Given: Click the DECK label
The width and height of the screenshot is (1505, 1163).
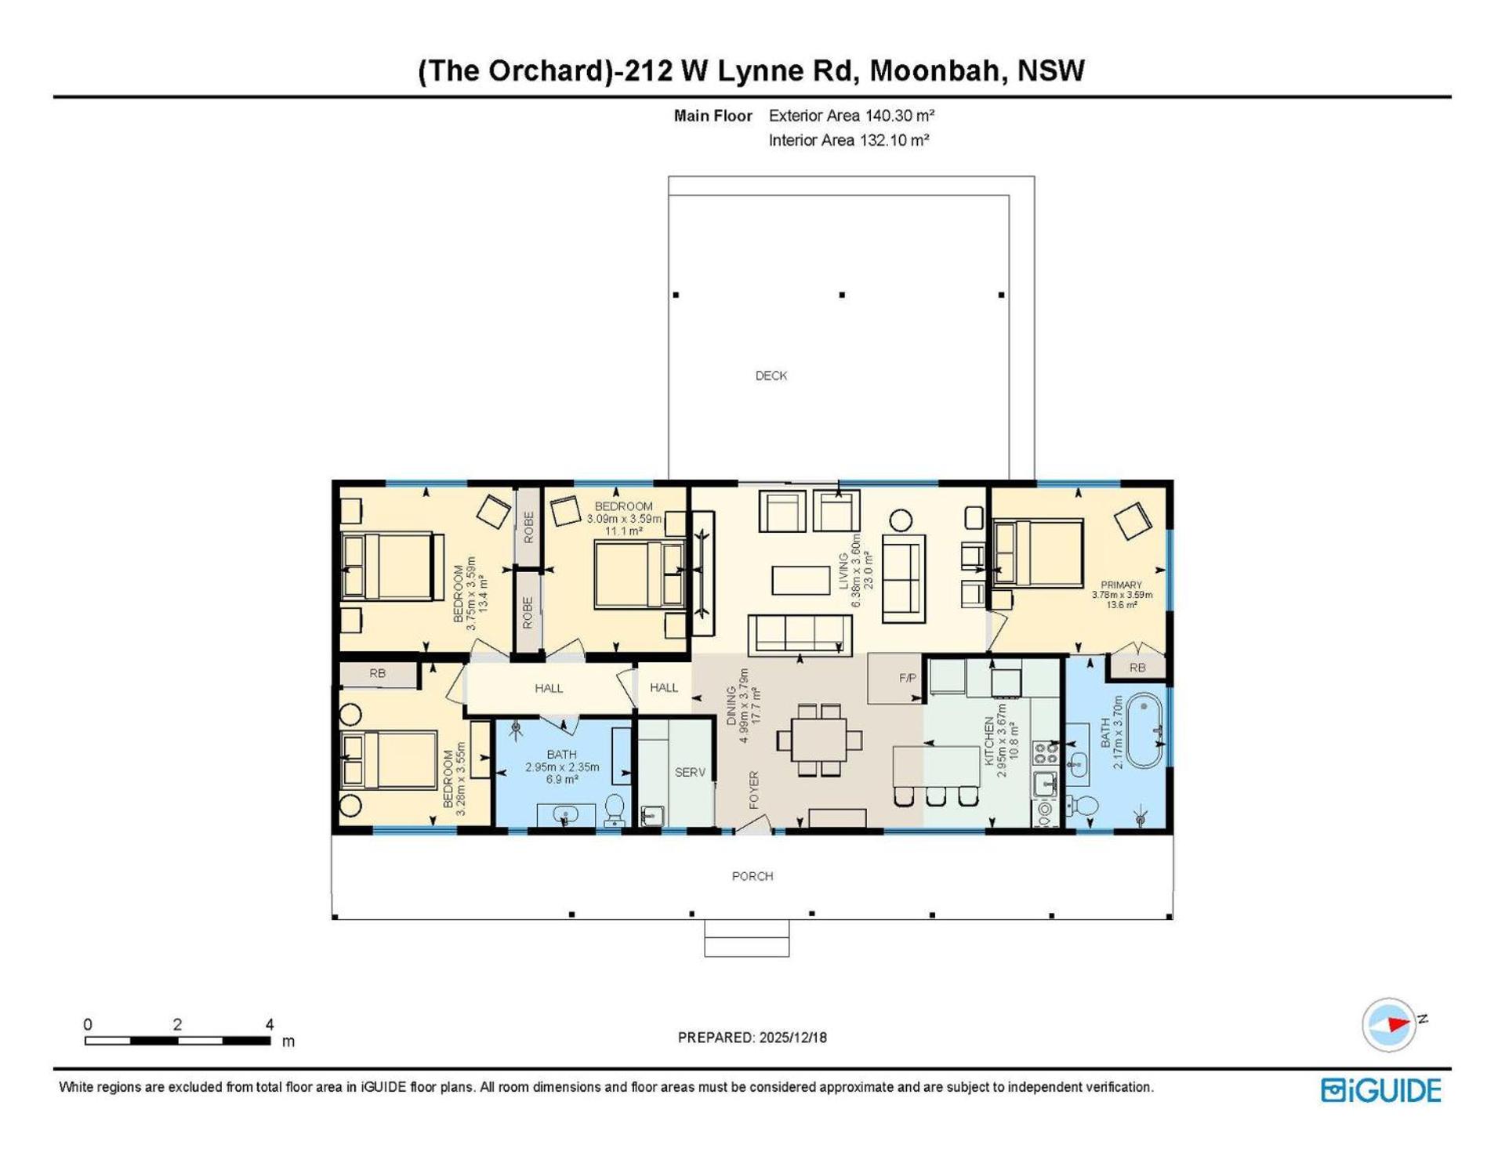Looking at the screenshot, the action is point(771,376).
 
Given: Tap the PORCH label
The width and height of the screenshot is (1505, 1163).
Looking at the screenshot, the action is point(752,876).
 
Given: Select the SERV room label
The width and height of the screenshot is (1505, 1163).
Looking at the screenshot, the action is point(690,773).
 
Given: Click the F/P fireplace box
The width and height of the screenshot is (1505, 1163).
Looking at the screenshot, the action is point(895,678).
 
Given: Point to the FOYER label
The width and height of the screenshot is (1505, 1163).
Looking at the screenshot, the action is point(754,790).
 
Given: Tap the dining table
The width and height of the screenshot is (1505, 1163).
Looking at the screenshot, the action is point(819,739).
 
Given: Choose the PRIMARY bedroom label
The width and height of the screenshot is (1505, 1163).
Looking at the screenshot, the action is point(1121,585).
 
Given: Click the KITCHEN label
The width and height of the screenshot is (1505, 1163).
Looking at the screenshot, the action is point(989,741).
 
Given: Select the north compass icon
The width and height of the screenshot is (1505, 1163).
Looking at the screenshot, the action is point(1390,1024).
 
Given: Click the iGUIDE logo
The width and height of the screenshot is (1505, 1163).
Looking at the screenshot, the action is point(1381,1090).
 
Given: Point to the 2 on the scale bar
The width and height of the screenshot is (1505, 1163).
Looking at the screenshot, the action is point(178,1024).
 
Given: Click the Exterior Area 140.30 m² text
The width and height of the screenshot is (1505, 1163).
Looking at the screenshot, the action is point(851,116).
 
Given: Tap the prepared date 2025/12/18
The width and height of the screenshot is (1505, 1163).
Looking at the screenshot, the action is point(792,1038).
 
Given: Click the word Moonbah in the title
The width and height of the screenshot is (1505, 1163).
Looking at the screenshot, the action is point(935,71).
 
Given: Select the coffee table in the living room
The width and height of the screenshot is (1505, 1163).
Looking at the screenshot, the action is point(800,581).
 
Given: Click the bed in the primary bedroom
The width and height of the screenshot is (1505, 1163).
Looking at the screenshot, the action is point(1038,553).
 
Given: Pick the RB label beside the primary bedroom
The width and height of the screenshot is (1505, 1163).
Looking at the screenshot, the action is point(1137,668).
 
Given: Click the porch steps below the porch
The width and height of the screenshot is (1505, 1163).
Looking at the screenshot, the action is point(747,938).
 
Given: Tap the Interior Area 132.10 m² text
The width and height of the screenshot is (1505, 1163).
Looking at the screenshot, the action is point(849,141).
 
